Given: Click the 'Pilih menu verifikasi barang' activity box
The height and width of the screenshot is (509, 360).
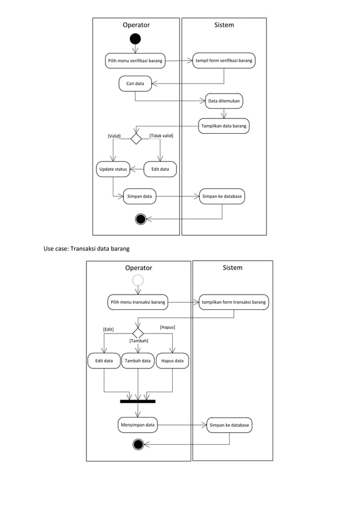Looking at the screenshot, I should (135, 60).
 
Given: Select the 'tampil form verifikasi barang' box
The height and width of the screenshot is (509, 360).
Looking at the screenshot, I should (224, 60).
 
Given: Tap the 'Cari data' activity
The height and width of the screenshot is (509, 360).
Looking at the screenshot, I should (135, 84).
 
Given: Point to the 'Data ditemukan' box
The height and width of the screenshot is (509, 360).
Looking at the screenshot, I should (224, 101).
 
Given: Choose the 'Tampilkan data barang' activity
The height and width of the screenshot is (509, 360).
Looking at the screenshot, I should (224, 125).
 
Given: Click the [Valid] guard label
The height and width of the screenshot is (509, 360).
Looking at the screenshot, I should (114, 136).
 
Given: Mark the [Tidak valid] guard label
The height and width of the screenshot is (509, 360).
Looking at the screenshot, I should (161, 135).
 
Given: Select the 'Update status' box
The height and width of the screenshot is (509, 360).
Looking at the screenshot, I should (113, 169).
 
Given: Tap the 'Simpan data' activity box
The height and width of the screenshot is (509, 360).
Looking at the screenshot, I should (139, 196).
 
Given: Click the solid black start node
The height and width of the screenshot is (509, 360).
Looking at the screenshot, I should (135, 39).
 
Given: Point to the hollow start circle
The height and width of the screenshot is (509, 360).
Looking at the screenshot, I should (138, 280).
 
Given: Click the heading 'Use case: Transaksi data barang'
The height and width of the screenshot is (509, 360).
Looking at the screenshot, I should (87, 248).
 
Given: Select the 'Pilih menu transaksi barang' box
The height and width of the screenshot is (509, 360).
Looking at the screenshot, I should (138, 302).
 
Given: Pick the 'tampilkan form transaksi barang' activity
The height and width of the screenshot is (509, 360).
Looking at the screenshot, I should (234, 302).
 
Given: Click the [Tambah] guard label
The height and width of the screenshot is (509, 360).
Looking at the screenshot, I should (139, 341).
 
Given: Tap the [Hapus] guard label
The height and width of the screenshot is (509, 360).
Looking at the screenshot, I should (167, 327).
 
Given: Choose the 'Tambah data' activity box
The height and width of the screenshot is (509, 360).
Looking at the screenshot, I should (138, 361).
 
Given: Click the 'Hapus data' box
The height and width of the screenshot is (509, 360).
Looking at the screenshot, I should (172, 361).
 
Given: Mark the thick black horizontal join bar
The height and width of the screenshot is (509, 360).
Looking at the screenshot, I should (138, 401).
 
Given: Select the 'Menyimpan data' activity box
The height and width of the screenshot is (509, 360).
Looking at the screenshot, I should (138, 425).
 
